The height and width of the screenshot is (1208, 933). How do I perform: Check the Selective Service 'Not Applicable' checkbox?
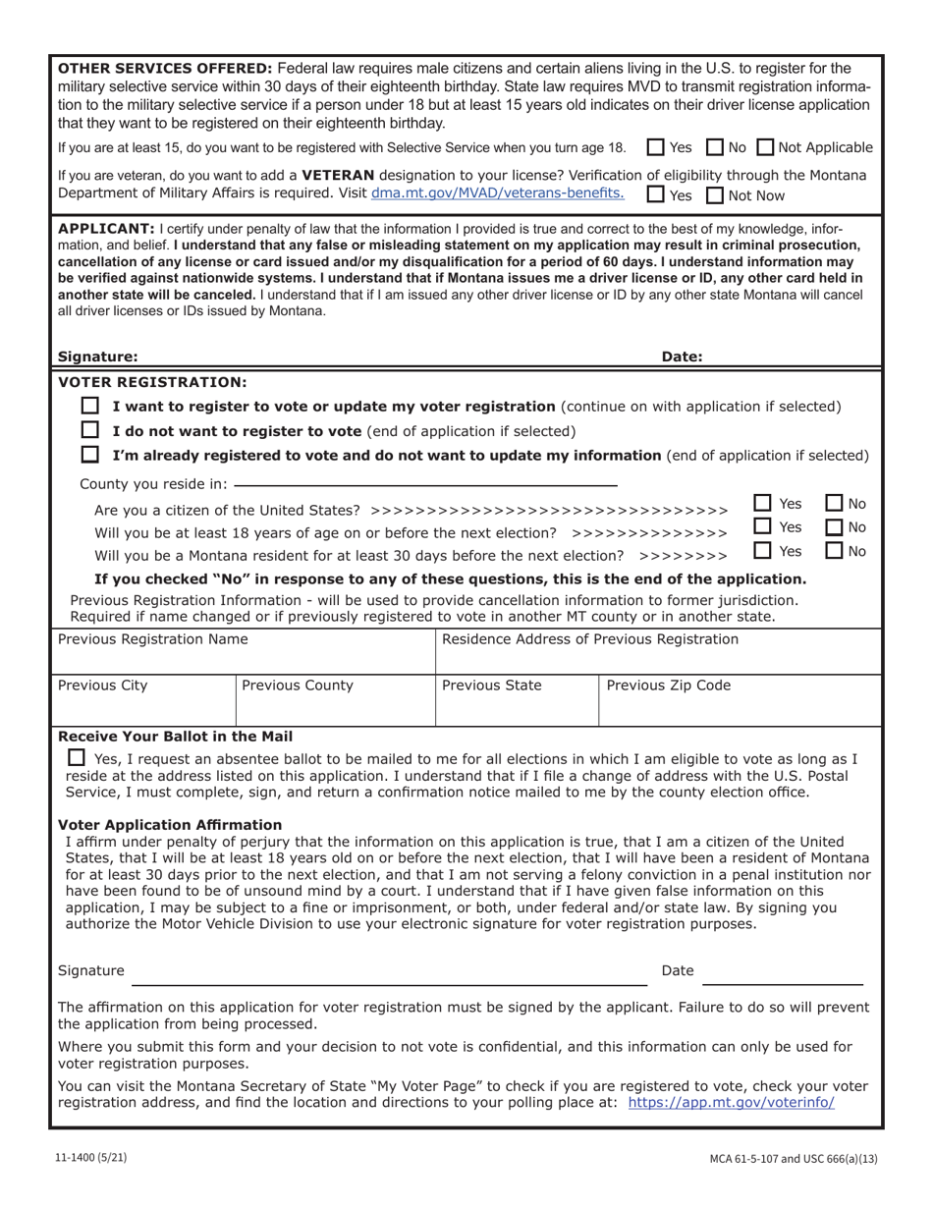point(766,148)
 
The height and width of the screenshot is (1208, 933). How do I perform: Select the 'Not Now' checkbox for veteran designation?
point(716,195)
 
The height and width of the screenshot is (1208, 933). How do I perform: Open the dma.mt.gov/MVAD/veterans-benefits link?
point(497,193)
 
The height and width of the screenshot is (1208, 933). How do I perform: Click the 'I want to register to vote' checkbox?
point(90,406)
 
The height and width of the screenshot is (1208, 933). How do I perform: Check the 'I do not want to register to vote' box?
point(90,430)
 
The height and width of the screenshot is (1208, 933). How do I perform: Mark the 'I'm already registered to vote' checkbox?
point(90,455)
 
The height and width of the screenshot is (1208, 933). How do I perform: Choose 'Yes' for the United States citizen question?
point(763,503)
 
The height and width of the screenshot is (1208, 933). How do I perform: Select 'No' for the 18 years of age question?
point(835,527)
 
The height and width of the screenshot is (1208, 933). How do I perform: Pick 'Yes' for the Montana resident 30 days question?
point(763,551)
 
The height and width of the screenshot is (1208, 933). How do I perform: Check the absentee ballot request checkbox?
point(77,758)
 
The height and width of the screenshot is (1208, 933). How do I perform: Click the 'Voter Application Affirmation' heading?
point(170,825)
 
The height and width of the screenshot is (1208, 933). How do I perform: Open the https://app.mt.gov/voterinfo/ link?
point(731,1103)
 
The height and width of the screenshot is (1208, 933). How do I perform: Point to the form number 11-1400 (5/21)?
point(90,1158)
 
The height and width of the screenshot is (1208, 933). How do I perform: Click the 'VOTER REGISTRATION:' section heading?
point(153,382)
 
